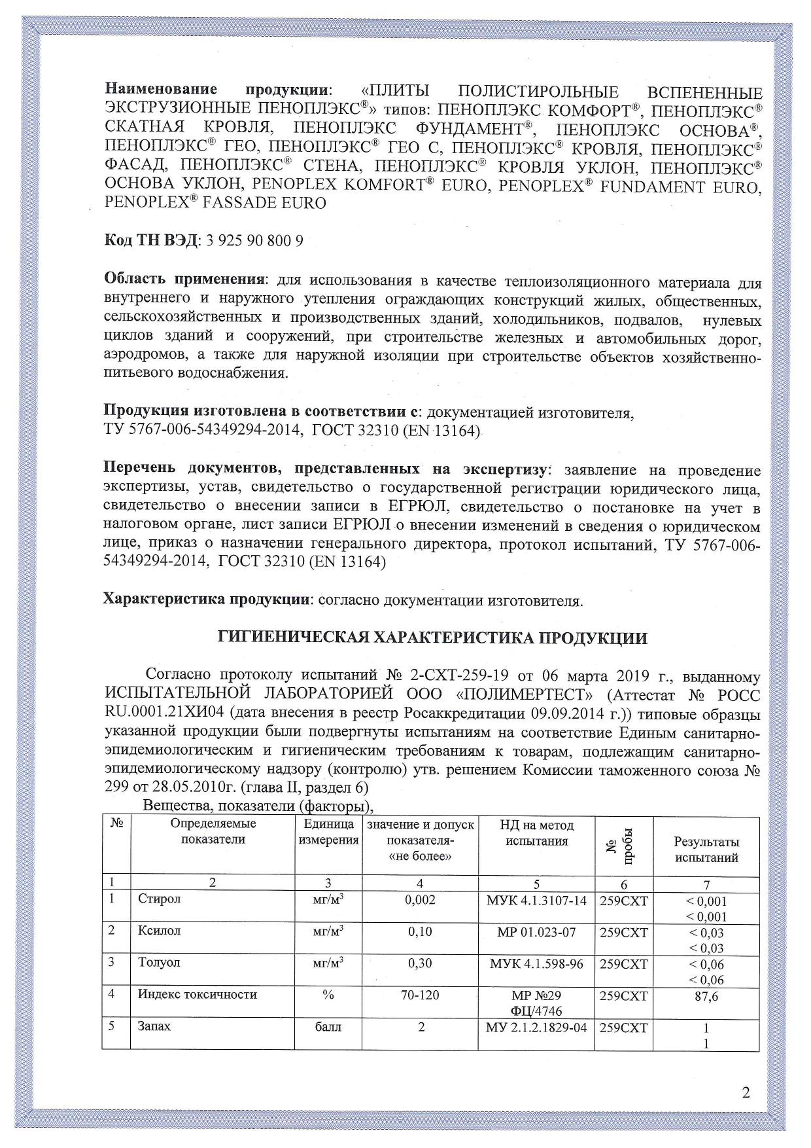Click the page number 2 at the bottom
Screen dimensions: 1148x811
click(x=746, y=1092)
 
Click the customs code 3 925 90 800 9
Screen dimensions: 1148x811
click(x=254, y=240)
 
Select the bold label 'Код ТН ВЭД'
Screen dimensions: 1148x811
click(x=150, y=240)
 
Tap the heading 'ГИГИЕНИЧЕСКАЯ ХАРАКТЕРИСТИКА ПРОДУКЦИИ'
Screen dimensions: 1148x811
click(x=432, y=637)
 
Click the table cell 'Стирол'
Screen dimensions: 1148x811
click(x=160, y=899)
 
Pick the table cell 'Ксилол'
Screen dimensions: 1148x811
click(x=159, y=931)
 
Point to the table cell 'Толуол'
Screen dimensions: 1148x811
click(x=159, y=963)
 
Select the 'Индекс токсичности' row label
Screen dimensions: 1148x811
click(x=197, y=995)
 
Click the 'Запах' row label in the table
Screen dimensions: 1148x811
click(x=154, y=1026)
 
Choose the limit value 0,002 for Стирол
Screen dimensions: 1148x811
click(x=420, y=899)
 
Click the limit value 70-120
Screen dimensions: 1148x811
click(x=420, y=995)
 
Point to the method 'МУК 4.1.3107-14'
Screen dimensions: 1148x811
click(x=536, y=900)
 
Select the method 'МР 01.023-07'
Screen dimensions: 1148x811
click(x=536, y=931)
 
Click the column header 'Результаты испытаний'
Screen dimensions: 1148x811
click(x=706, y=849)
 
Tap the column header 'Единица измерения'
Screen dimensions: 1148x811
click(x=328, y=832)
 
